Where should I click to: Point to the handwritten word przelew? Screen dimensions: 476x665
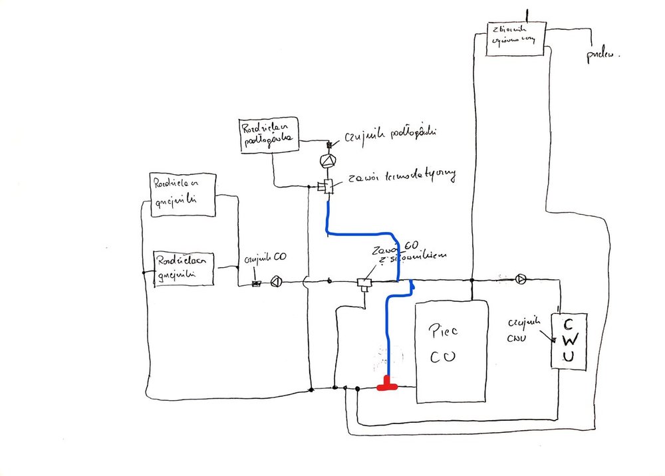pos(601,56)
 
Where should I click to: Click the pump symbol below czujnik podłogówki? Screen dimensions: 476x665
pos(327,161)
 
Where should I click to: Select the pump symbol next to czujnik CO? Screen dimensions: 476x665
pos(277,283)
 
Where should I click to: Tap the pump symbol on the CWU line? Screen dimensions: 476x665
pos(521,279)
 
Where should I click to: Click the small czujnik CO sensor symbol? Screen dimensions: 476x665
pos(256,284)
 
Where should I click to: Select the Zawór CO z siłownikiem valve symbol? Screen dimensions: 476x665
pos(363,283)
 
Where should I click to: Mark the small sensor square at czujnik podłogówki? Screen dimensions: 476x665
pos(327,145)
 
